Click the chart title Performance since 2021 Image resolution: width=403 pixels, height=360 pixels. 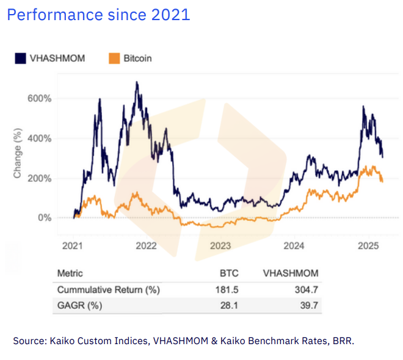(98, 15)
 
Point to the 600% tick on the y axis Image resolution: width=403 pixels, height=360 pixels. (40, 98)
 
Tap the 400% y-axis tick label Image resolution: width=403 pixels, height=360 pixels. (40, 139)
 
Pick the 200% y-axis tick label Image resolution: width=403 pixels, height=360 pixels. (40, 178)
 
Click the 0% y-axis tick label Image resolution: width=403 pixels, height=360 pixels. (44, 218)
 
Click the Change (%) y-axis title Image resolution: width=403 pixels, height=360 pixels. (18, 156)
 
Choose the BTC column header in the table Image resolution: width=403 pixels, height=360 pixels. (228, 273)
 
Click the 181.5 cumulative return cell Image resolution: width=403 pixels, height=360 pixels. (226, 290)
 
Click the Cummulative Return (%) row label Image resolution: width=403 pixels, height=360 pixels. (108, 290)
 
